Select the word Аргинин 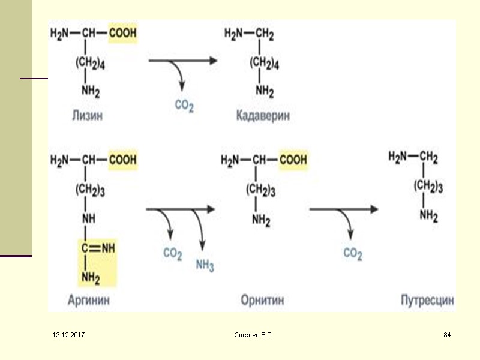88,300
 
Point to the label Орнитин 262,300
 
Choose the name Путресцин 427,300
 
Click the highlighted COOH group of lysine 122,34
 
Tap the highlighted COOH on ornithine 292,161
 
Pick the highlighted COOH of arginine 122,161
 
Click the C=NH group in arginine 98,247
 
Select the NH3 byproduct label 204,266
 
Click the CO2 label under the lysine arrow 184,106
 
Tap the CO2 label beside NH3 172,254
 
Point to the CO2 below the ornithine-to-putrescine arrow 353,254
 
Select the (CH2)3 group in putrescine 428,187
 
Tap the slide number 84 446,334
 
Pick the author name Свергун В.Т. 253,334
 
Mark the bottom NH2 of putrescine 428,215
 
